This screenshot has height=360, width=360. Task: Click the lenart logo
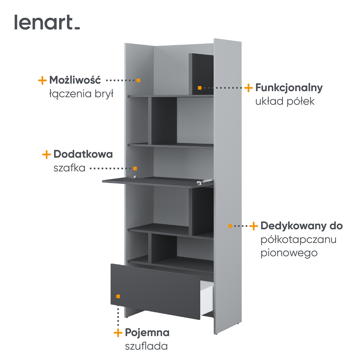click(x=47, y=22)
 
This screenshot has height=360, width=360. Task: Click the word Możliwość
click(x=75, y=80)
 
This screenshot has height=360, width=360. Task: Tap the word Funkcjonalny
click(x=289, y=88)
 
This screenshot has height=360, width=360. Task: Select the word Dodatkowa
click(x=83, y=154)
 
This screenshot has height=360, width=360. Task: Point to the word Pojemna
click(x=147, y=333)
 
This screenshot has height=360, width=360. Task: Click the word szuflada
click(x=146, y=346)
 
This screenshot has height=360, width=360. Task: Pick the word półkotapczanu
click(x=298, y=240)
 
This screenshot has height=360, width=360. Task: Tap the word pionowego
click(x=289, y=253)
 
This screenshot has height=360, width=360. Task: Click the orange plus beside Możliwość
click(x=42, y=80)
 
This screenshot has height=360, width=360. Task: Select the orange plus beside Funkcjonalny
click(x=248, y=88)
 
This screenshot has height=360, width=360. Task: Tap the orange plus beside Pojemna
click(x=118, y=333)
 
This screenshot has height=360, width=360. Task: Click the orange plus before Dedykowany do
click(x=254, y=226)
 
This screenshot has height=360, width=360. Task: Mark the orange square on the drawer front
click(x=118, y=296)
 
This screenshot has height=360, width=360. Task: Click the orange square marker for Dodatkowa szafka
click(x=135, y=168)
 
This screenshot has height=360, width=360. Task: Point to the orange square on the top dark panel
click(x=199, y=88)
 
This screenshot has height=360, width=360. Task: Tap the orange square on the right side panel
click(x=230, y=226)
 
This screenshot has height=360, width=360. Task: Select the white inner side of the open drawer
click(x=207, y=297)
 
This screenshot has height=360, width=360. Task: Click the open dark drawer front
click(x=156, y=291)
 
